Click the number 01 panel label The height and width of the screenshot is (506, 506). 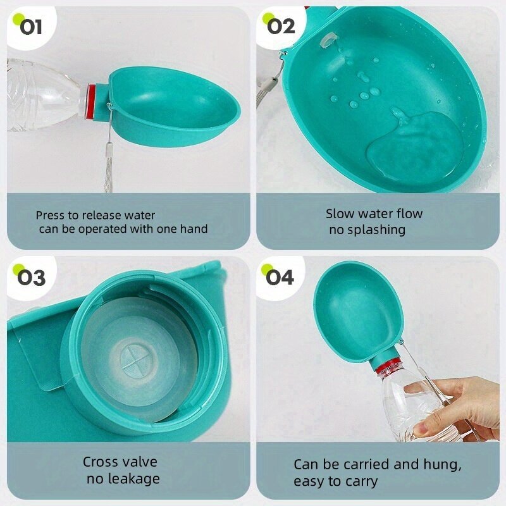tap(31, 27)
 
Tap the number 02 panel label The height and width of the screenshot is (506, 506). tap(281, 27)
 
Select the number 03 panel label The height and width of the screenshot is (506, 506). tap(31, 278)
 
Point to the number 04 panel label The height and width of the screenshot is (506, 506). tap(280, 278)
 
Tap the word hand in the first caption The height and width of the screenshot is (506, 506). tap(194, 229)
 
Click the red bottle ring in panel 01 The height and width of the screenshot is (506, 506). tap(91, 101)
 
